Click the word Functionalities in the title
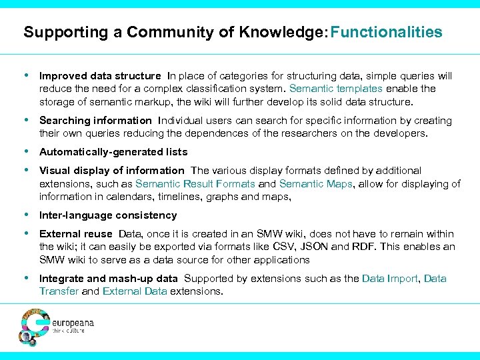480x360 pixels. pyautogui.click(x=386, y=32)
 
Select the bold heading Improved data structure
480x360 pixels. pyautogui.click(x=100, y=76)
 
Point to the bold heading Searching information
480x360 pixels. pyautogui.click(x=95, y=121)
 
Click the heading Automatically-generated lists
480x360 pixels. pyautogui.click(x=113, y=152)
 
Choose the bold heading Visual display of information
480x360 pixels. pyautogui.click(x=111, y=171)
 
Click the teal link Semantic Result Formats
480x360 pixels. pyautogui.click(x=195, y=183)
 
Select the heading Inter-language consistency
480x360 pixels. pyautogui.click(x=108, y=215)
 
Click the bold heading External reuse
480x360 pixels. pyautogui.click(x=76, y=234)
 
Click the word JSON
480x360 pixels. pyautogui.click(x=310, y=247)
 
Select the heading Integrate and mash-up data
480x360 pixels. pyautogui.click(x=109, y=279)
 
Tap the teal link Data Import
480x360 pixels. pyautogui.click(x=391, y=279)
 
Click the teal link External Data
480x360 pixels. pyautogui.click(x=134, y=291)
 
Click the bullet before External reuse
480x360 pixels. pyautogui.click(x=27, y=234)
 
